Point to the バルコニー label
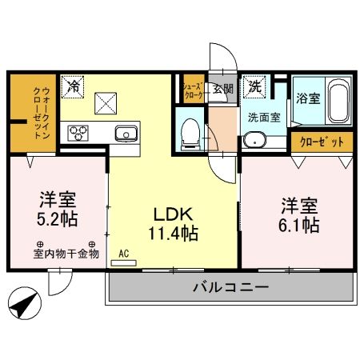(230, 288)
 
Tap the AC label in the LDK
(124, 254)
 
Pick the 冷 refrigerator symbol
(74, 84)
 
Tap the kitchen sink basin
(126, 132)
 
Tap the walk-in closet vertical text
(37, 113)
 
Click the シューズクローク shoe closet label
(193, 89)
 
